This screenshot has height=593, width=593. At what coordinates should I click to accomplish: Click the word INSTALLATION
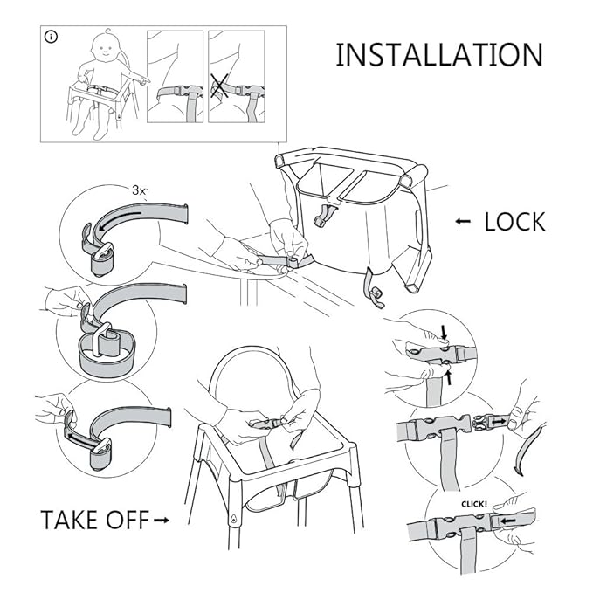point(438,54)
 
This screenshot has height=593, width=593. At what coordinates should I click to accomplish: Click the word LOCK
point(514,221)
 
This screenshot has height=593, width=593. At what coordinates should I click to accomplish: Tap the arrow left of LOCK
point(464,222)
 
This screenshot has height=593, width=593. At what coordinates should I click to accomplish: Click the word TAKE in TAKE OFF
point(72,520)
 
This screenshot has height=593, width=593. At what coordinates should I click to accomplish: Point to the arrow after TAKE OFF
point(161,521)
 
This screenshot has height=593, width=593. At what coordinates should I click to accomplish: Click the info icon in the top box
point(52,39)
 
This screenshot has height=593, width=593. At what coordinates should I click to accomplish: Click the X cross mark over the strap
point(220,87)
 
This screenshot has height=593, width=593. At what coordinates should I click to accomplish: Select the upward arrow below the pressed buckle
point(448,378)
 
